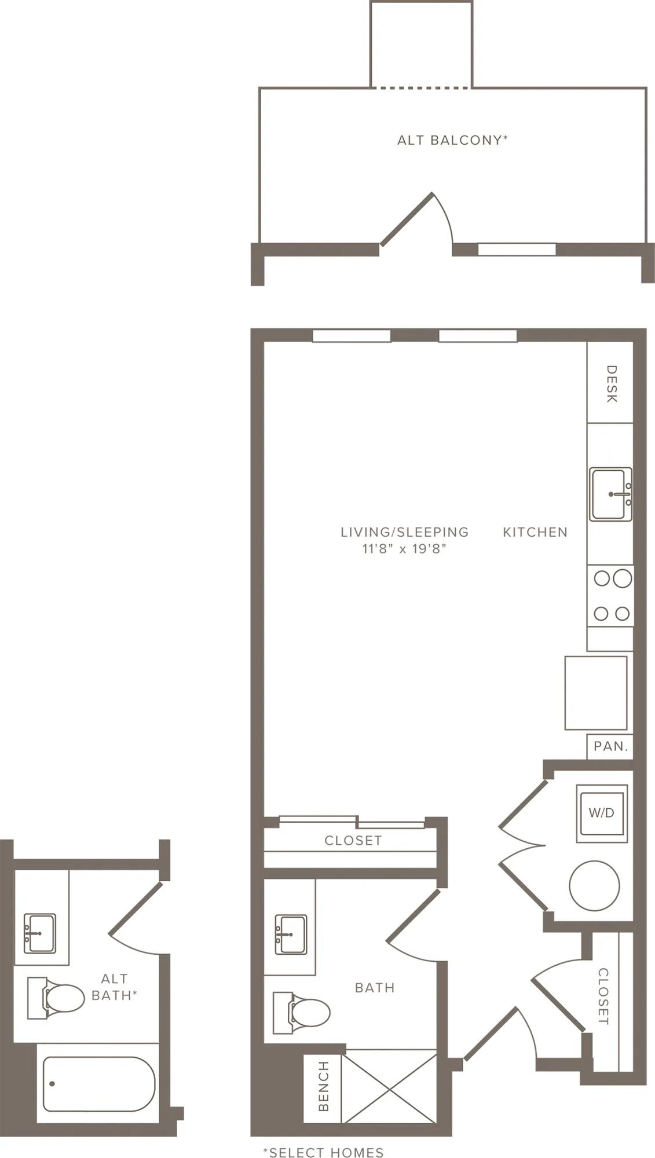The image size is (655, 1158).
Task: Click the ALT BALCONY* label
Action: [452, 140]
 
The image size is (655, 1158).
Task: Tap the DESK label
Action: [611, 383]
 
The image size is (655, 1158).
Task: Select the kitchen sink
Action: [610, 494]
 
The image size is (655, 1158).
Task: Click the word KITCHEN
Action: [535, 532]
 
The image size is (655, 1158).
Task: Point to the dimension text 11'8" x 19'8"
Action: [404, 549]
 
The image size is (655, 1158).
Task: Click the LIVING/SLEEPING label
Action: [404, 532]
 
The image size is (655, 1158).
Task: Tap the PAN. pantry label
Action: [611, 746]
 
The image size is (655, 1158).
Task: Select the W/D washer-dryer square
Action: [602, 813]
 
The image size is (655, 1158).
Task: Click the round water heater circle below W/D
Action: [594, 885]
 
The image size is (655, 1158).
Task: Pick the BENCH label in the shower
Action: [324, 1086]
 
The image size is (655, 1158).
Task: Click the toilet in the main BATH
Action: [302, 1013]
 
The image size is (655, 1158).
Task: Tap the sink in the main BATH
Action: [290, 935]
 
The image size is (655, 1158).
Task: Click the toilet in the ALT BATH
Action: [56, 998]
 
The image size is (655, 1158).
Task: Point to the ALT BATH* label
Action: [114, 987]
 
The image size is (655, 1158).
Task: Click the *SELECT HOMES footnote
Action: [323, 1152]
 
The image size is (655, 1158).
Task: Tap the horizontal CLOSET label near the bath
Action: [353, 840]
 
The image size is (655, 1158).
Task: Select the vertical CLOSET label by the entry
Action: [603, 996]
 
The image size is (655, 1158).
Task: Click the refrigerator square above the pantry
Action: [596, 692]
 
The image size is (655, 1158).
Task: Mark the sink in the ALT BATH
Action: [40, 933]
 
